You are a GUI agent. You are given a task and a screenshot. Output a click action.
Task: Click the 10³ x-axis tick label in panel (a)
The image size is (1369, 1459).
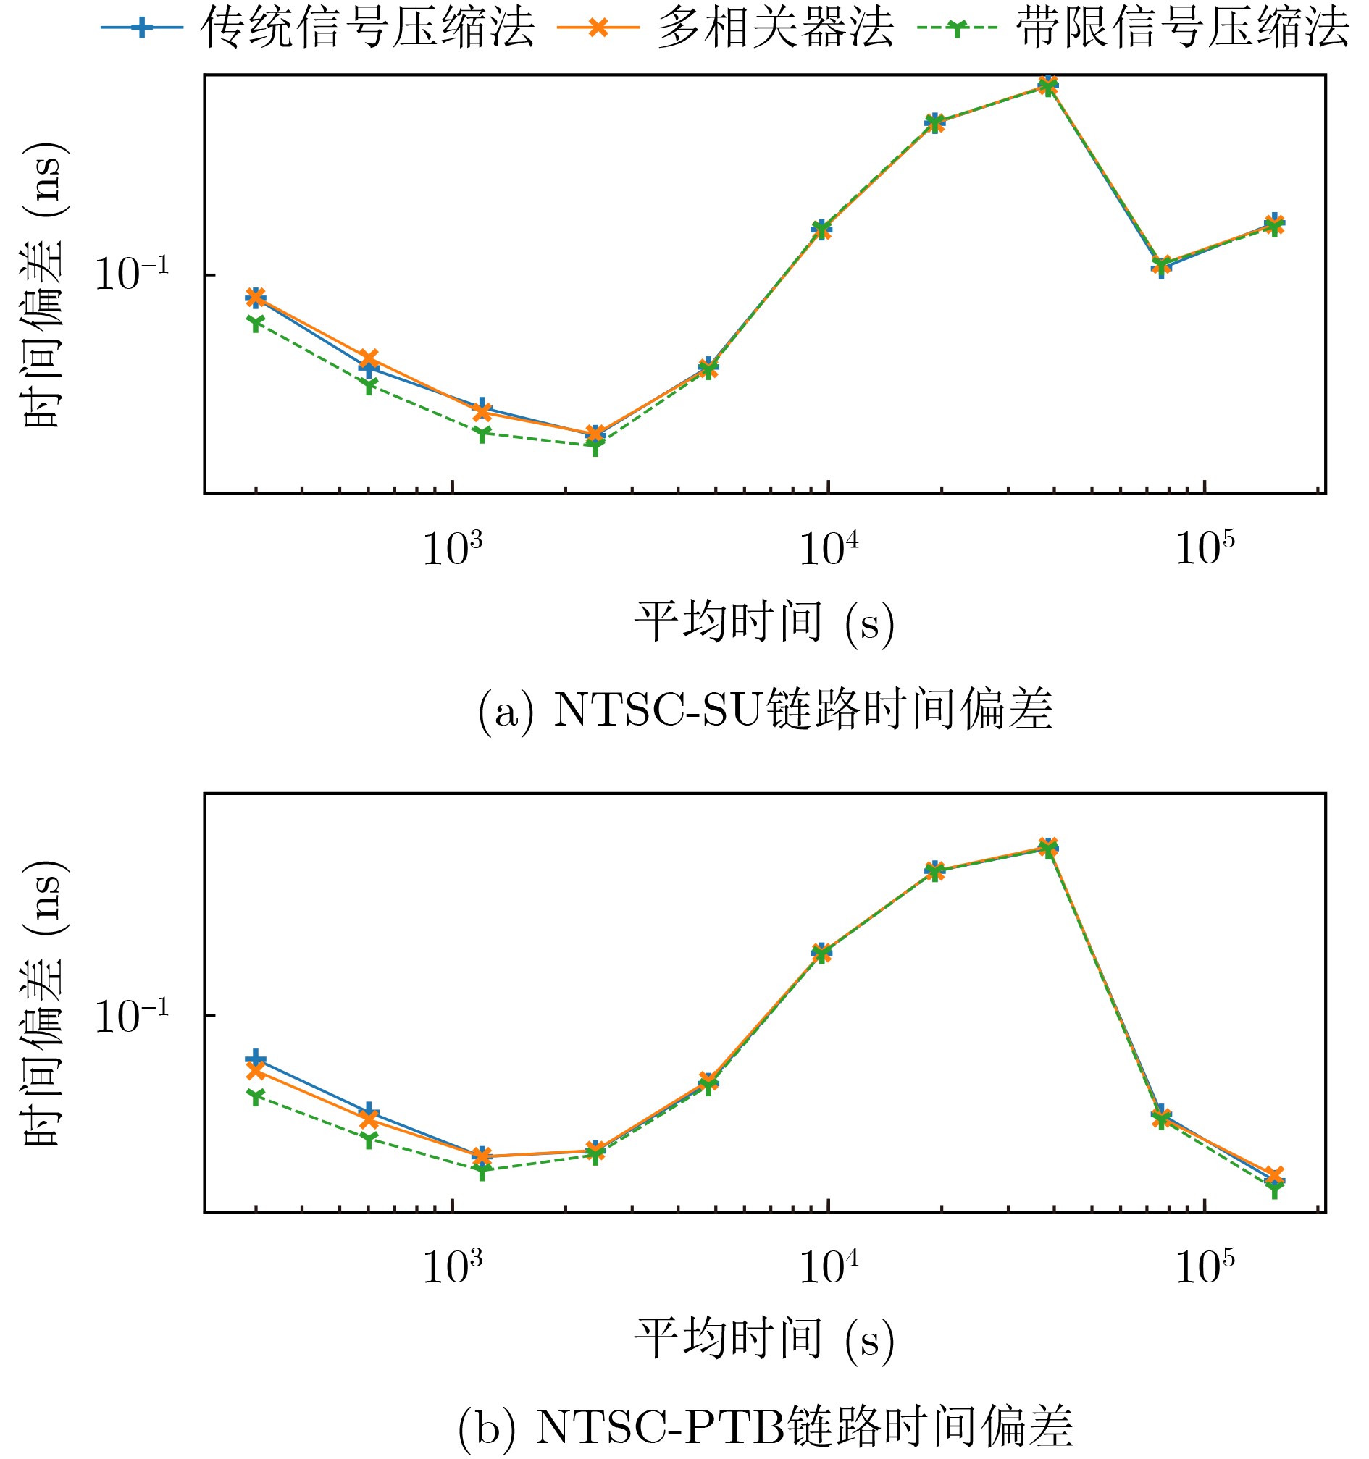pyautogui.click(x=453, y=548)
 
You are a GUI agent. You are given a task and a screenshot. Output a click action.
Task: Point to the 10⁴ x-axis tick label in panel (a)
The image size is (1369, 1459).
pyautogui.click(x=829, y=548)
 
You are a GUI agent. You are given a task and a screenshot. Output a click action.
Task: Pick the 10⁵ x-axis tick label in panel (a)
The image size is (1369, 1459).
pyautogui.click(x=1205, y=548)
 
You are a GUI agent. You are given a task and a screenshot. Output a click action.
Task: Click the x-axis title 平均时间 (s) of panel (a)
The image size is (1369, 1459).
pyautogui.click(x=764, y=623)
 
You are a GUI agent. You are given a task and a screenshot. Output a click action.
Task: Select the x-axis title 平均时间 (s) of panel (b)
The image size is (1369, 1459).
pyautogui.click(x=764, y=1340)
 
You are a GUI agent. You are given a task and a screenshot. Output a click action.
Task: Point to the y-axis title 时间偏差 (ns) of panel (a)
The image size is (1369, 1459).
pyautogui.click(x=44, y=285)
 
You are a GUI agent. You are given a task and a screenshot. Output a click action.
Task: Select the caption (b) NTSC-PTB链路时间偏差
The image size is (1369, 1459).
pyautogui.click(x=765, y=1427)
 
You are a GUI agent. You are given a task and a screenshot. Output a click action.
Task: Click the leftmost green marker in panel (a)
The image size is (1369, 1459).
pyautogui.click(x=255, y=322)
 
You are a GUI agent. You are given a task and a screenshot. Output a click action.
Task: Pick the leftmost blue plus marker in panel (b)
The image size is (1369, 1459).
pyautogui.click(x=255, y=1059)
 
